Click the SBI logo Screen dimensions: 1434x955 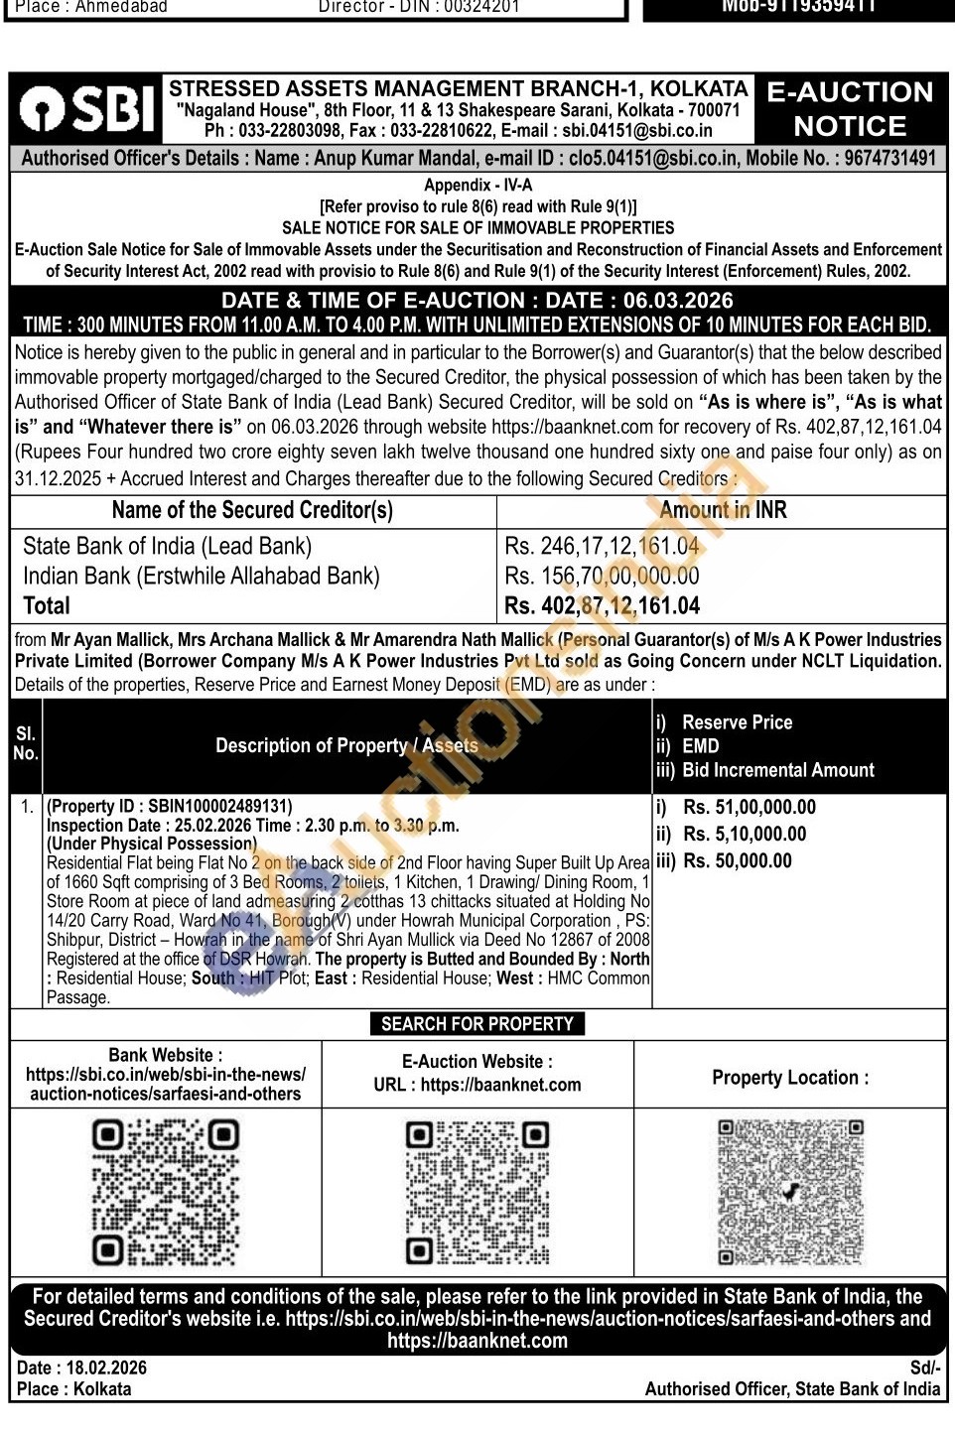point(87,108)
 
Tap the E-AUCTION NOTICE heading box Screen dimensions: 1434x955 point(850,108)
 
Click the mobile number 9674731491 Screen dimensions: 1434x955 point(889,158)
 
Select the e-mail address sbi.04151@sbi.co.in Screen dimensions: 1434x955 point(637,130)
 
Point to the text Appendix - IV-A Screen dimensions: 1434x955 point(477,185)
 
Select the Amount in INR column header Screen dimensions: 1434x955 point(723,510)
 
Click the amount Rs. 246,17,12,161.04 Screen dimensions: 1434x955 point(602,546)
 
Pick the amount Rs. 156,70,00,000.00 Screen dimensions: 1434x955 point(602,576)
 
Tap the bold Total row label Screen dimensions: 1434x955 point(47,605)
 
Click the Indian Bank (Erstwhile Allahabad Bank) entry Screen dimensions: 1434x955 point(201,576)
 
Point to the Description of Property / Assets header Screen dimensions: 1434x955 point(346,745)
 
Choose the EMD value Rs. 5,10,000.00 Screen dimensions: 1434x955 point(744,834)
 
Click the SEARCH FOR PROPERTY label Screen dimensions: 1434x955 point(477,1023)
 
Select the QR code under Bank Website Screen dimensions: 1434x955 point(166,1192)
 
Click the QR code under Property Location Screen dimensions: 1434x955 point(790,1192)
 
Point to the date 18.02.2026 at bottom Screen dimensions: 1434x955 point(106,1368)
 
